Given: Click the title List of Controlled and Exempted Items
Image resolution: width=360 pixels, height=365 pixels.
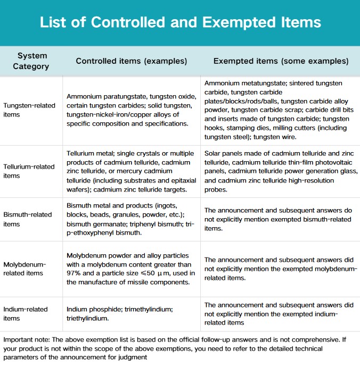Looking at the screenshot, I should click(180, 22).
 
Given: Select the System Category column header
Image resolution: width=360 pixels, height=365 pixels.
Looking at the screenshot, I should click(32, 61).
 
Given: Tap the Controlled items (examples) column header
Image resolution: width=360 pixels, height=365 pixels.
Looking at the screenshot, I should click(132, 61).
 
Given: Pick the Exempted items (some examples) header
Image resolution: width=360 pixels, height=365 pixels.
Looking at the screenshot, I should click(281, 61).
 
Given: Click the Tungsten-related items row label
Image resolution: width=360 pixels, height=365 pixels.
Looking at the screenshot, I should click(29, 110).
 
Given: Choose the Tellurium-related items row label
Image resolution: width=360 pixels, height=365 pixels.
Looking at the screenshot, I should click(29, 171).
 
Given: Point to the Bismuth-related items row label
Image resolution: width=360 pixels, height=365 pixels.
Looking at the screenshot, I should click(28, 219).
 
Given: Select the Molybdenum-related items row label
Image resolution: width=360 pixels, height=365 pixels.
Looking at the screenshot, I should click(25, 269).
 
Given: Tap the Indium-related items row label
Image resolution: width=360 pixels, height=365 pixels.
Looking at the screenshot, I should click(26, 313).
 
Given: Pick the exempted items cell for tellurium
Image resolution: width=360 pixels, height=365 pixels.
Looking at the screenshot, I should click(281, 171).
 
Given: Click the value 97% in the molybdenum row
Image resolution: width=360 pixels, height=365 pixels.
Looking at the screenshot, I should click(74, 273).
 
